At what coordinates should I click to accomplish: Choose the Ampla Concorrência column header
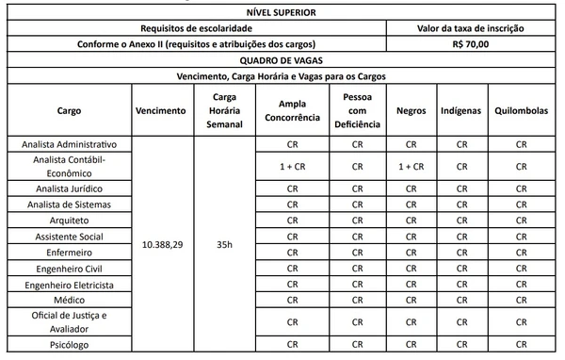tap(292, 110)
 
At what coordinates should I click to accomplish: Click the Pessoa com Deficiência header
tap(357, 110)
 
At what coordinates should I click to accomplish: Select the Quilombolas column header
tap(521, 110)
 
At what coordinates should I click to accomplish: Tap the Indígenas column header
tap(461, 110)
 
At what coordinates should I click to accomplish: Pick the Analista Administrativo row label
tap(70, 144)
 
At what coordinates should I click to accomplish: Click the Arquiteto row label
tap(70, 219)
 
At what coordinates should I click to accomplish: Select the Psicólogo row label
tap(70, 346)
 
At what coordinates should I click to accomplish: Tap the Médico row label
tap(70, 301)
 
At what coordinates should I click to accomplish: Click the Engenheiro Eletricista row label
tap(70, 285)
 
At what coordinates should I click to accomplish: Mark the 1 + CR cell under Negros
tap(412, 166)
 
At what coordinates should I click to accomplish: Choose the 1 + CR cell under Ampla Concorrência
tap(292, 166)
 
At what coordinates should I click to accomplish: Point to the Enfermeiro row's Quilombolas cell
tap(521, 252)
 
